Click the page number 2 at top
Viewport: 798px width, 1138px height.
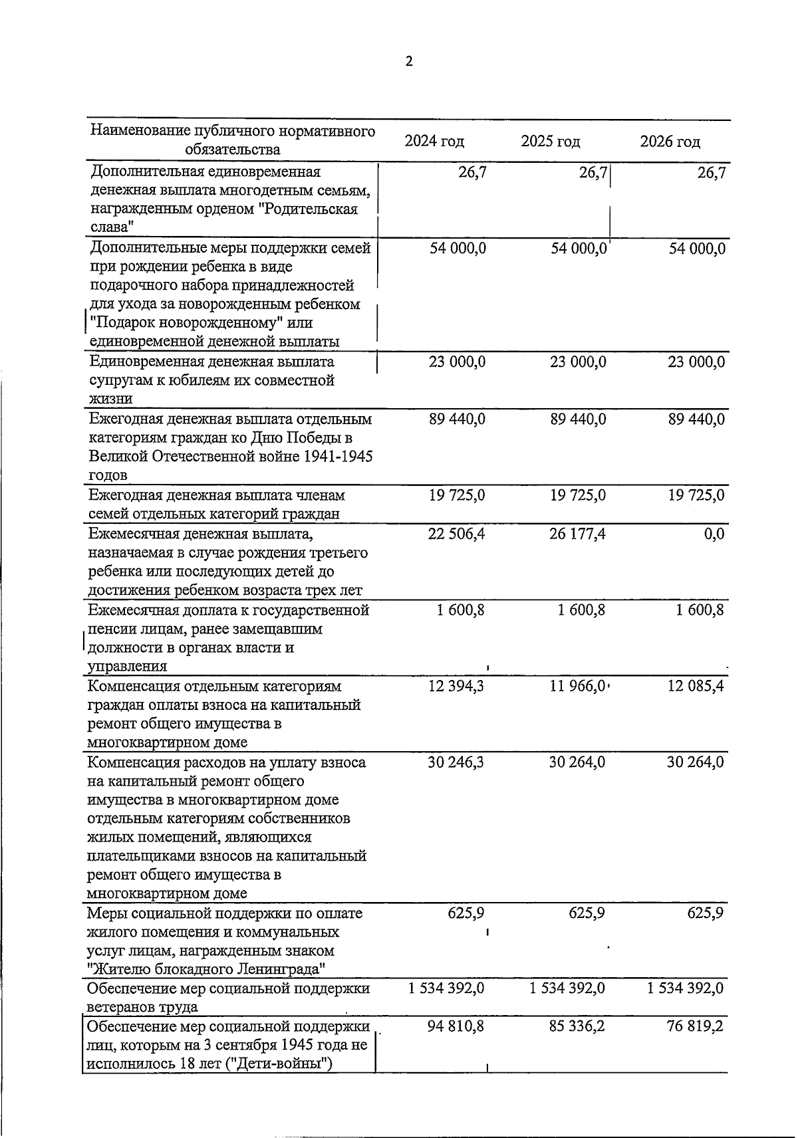tap(408, 62)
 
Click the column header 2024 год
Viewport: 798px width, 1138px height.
tap(434, 142)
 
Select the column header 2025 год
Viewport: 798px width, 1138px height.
tap(550, 142)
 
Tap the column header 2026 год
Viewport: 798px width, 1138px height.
tap(670, 142)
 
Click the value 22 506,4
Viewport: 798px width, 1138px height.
tap(457, 534)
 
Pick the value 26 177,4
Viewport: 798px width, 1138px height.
tap(577, 534)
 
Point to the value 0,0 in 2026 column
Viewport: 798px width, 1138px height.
tap(714, 534)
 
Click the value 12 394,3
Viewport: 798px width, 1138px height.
tap(457, 686)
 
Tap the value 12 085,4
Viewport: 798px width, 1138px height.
tap(696, 686)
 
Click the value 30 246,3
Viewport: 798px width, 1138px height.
tap(457, 762)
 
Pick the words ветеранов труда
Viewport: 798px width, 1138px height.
tap(142, 1007)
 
